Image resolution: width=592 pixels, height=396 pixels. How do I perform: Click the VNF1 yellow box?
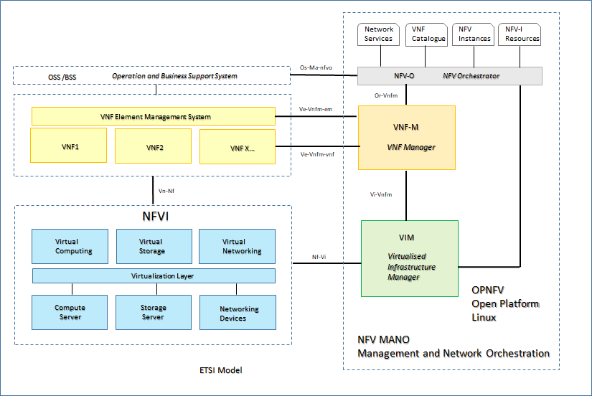(x=68, y=146)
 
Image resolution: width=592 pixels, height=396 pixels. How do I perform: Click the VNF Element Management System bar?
(x=153, y=116)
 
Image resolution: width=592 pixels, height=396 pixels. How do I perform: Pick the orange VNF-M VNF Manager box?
(x=407, y=138)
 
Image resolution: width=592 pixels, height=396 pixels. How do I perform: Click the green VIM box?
(x=410, y=258)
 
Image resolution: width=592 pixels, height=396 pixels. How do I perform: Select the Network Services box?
(x=379, y=34)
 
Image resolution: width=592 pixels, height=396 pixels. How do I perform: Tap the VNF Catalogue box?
(x=428, y=34)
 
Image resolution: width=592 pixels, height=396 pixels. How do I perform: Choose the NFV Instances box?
(x=474, y=34)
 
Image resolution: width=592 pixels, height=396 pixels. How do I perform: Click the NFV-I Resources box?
(x=520, y=34)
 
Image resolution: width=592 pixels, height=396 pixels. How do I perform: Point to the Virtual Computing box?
(x=70, y=247)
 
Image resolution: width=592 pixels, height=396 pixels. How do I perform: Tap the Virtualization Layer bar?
(x=154, y=275)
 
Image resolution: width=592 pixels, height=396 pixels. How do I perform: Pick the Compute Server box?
(x=70, y=313)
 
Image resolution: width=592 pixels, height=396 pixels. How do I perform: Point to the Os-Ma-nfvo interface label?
(x=316, y=68)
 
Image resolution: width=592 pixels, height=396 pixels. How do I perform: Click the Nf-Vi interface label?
(x=320, y=257)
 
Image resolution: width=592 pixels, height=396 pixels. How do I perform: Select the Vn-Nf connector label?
(x=166, y=191)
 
